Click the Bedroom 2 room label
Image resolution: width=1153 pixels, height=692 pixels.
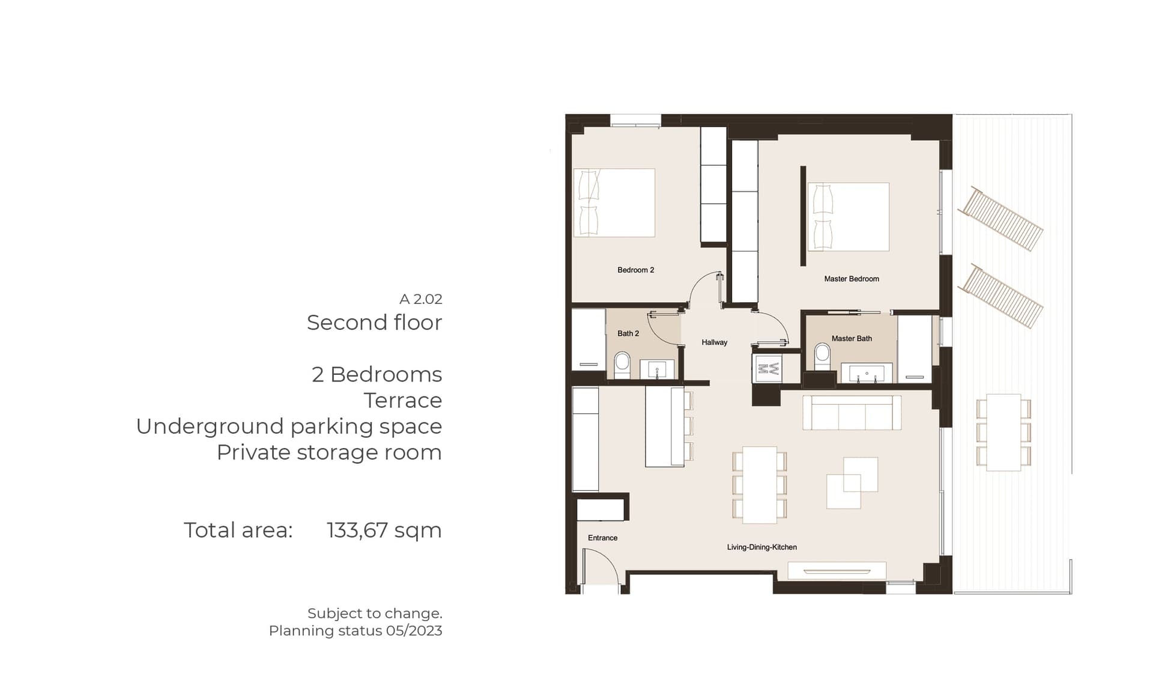coord(635,270)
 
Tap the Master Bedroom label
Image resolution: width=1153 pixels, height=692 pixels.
coord(852,279)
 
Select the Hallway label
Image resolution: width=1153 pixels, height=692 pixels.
coord(714,342)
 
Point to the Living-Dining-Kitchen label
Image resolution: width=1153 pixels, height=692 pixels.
coord(761,547)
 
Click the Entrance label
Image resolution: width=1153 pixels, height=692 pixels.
coord(602,538)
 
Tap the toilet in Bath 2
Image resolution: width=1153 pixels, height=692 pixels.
coord(622,365)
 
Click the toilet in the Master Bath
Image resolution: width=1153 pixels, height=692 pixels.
coord(822,357)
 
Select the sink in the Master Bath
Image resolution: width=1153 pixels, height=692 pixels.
coord(867,372)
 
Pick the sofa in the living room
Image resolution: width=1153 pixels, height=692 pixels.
coord(852,412)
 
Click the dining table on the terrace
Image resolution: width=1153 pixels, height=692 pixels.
coord(1003,432)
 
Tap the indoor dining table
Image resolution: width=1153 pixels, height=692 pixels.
coord(760,485)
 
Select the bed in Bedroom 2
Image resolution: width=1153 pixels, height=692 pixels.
coord(614,202)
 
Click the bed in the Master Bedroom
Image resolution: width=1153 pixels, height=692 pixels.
coord(848,217)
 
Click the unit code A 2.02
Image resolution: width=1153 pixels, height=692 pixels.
coord(421,299)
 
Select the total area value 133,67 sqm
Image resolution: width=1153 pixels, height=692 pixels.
coord(384,530)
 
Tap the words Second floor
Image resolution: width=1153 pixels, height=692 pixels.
coord(374,323)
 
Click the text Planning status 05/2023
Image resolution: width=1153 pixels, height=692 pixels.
coord(356,631)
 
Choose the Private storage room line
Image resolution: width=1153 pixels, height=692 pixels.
coord(329,452)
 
